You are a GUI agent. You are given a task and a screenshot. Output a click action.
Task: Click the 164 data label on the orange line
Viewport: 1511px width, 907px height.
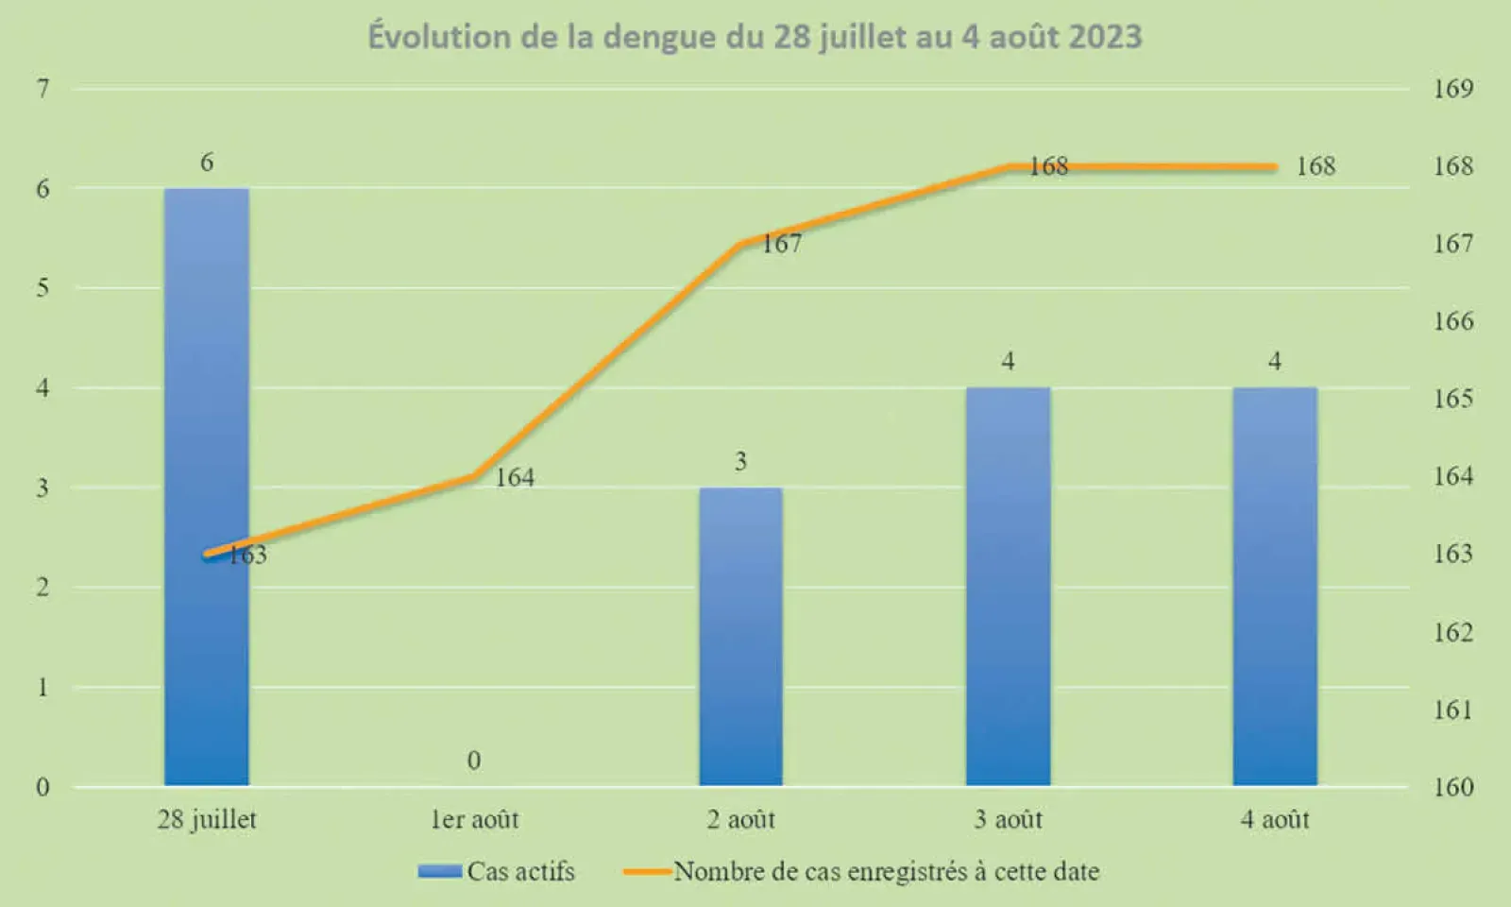coord(515,478)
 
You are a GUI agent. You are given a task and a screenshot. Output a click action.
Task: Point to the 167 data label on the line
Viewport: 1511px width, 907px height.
coord(782,244)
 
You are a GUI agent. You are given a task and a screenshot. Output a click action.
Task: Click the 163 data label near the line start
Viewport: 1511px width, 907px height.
coord(248,556)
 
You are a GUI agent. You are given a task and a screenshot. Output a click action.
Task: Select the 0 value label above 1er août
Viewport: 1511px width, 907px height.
coord(474,761)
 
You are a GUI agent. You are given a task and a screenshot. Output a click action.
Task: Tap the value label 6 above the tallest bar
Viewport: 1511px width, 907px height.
coord(207,163)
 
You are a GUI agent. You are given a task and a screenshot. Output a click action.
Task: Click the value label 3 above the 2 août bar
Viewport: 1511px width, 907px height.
coord(740,461)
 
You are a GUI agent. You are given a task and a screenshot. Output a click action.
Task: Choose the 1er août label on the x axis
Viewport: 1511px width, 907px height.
coord(474,819)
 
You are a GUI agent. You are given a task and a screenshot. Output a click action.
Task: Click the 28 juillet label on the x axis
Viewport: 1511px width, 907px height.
coord(207,819)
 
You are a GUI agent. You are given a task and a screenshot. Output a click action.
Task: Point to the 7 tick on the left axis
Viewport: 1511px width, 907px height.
coord(42,89)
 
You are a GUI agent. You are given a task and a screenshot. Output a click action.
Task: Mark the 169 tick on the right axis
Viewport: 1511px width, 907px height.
coord(1452,89)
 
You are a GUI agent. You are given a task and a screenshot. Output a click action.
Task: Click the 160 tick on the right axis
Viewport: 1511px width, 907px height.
coord(1452,787)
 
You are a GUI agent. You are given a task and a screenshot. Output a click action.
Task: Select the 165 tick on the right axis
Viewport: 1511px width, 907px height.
coord(1452,399)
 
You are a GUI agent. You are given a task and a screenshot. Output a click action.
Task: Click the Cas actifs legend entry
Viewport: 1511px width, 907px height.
coord(498,871)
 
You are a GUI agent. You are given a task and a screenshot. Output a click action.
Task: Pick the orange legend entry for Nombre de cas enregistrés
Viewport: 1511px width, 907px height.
coord(862,871)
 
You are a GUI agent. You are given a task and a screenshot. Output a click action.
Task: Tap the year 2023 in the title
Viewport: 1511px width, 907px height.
coord(1104,37)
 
